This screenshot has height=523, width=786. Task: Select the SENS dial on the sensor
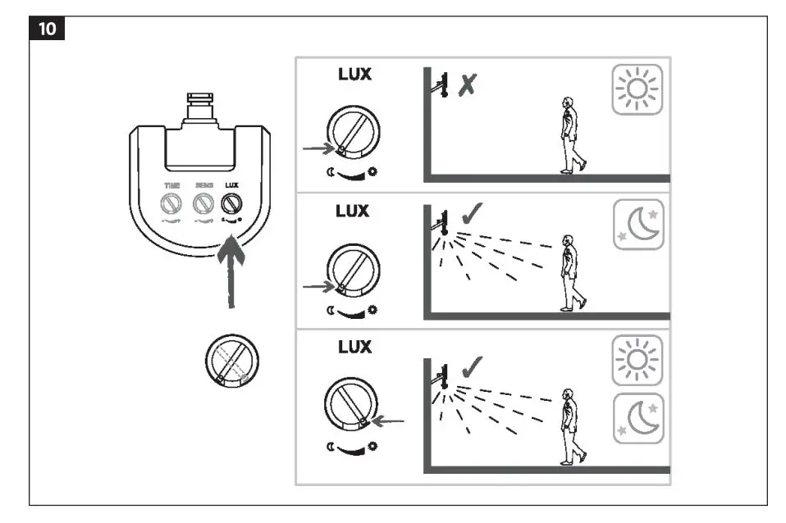pyautogui.click(x=202, y=202)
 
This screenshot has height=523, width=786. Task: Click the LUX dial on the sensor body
pyautogui.click(x=231, y=202)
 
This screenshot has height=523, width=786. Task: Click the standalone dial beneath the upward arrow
pyautogui.click(x=231, y=359)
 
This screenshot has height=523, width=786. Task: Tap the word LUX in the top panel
pyautogui.click(x=354, y=74)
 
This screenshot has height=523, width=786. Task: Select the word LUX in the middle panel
pyautogui.click(x=354, y=211)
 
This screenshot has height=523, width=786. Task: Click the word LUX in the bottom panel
pyautogui.click(x=354, y=347)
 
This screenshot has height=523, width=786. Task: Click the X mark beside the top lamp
pyautogui.click(x=468, y=84)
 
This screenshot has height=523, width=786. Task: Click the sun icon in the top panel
pyautogui.click(x=637, y=89)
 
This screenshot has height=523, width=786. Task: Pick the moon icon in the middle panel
pyautogui.click(x=637, y=224)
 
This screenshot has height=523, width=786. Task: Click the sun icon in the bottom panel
pyautogui.click(x=637, y=360)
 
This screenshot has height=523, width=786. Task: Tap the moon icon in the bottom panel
pyautogui.click(x=637, y=417)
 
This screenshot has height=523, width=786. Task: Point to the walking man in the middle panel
pyautogui.click(x=571, y=272)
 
